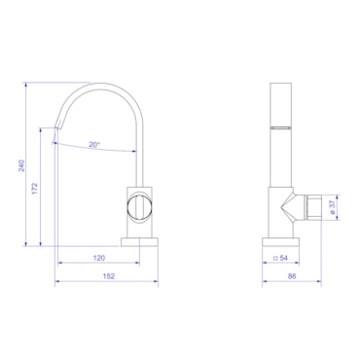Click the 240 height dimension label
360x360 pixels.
pos(21,165)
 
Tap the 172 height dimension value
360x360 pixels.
pos(35,189)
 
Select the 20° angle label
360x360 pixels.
pos(94,145)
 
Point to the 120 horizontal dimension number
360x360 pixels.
pos(99,258)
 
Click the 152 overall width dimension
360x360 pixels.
pos(109,276)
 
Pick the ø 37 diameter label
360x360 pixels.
pos(332,206)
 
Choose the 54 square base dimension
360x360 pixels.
pos(281,258)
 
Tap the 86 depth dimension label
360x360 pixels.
pos(292,276)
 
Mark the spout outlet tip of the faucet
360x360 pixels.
pos(56,128)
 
